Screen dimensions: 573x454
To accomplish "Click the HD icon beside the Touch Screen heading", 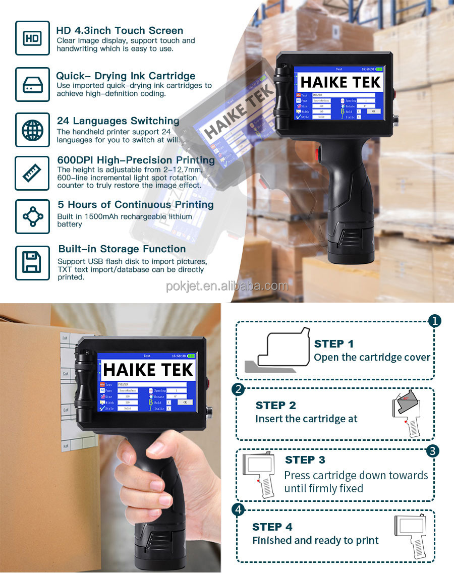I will click(32, 38).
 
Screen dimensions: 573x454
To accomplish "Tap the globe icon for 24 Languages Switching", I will click(32, 130).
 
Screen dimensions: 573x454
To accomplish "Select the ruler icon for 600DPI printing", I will click(32, 173).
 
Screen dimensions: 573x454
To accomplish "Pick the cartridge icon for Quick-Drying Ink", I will click(32, 84).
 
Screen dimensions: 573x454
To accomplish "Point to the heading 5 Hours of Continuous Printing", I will click(136, 204).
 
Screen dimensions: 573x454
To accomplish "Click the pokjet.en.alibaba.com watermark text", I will click(227, 286).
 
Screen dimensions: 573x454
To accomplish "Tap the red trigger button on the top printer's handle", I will click(318, 153).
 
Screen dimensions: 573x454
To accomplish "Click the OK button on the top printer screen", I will click(374, 111).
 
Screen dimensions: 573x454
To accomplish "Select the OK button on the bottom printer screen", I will click(185, 402).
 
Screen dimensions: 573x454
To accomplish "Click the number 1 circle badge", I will click(434, 321).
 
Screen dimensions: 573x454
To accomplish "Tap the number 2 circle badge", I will click(238, 389).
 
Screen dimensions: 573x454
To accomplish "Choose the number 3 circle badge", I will click(432, 450).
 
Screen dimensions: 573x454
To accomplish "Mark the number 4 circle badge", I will click(238, 509).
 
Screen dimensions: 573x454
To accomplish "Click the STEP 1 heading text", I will click(333, 344).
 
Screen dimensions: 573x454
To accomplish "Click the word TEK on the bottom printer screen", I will click(173, 370).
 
